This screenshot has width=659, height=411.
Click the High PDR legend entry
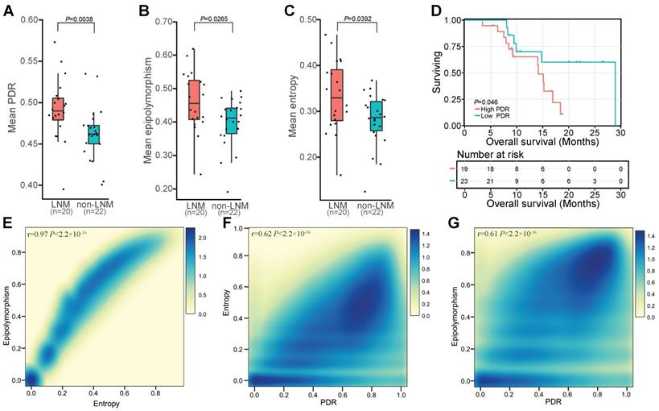point(499,107)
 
